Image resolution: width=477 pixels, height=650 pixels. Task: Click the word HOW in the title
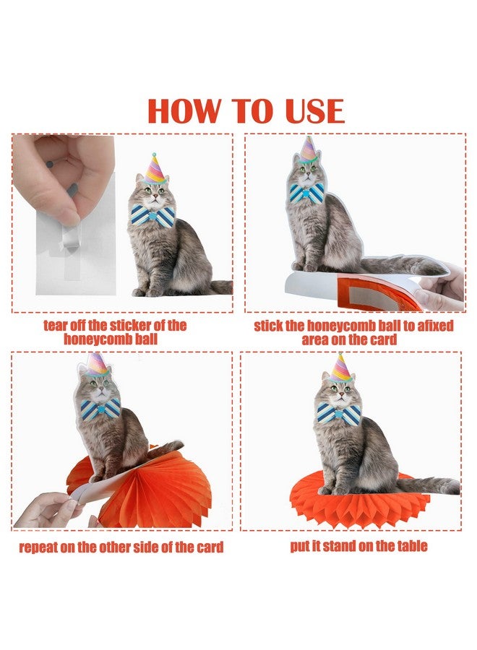pos(184,110)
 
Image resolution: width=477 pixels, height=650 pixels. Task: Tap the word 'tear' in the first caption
pos(56,326)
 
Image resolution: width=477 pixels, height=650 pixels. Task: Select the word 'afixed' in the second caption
pos(435,326)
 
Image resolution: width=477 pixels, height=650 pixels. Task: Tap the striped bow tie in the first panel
pos(153,216)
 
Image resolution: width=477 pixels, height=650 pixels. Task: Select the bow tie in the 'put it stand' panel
pos(339,413)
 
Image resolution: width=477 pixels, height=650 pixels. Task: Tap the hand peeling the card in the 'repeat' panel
pos(46,510)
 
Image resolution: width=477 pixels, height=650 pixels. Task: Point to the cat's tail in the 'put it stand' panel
pos(427,484)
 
